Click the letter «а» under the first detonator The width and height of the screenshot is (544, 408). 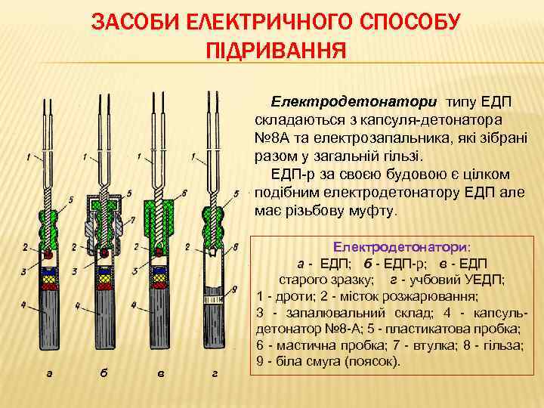pos(50,372)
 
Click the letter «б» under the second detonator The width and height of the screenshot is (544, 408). pos(104,372)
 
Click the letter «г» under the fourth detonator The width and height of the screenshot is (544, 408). pos(215,372)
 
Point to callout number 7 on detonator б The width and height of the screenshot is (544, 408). pos(133,220)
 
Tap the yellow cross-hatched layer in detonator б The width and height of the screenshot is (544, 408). pos(104,281)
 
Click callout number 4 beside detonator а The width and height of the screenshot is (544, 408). pos(24,305)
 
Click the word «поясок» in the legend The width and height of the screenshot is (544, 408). pos(372,361)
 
